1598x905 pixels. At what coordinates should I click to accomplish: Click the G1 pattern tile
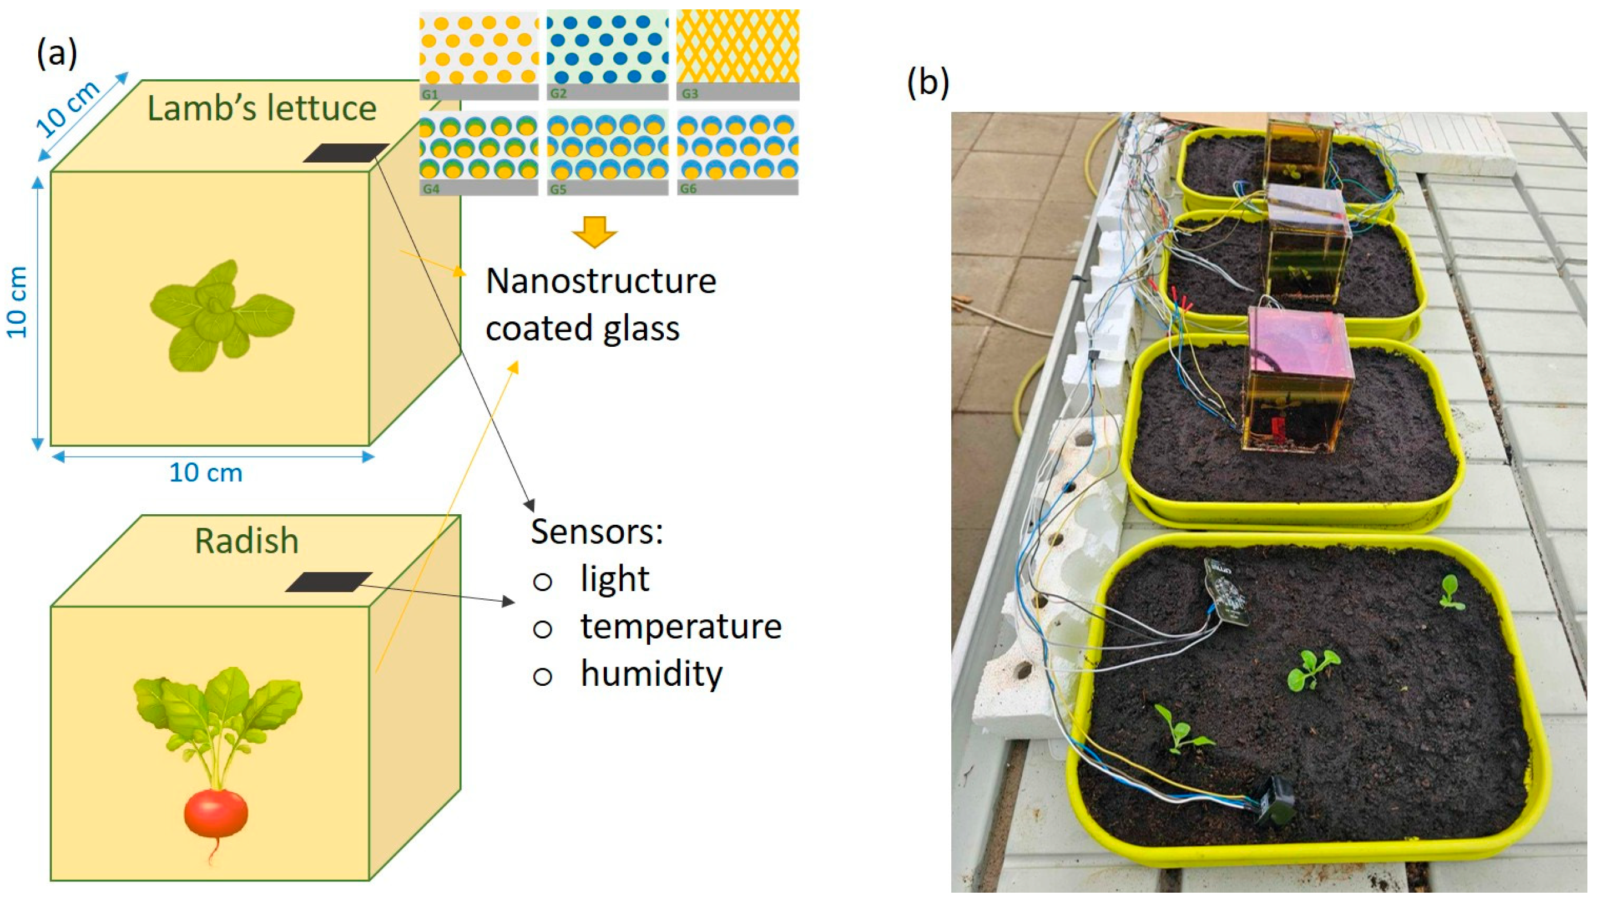pyautogui.click(x=479, y=55)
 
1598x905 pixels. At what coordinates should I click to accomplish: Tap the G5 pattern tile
pyautogui.click(x=607, y=151)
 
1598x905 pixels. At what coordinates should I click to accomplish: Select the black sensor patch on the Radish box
pyautogui.click(x=328, y=582)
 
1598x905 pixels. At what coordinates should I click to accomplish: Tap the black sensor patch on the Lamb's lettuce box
pyautogui.click(x=346, y=152)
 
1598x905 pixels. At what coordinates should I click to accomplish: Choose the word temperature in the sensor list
pyautogui.click(x=681, y=626)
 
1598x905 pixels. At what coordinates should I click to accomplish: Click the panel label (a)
pyautogui.click(x=57, y=53)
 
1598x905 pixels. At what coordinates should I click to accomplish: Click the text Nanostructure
pyautogui.click(x=601, y=281)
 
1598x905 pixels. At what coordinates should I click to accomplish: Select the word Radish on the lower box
pyautogui.click(x=246, y=541)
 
